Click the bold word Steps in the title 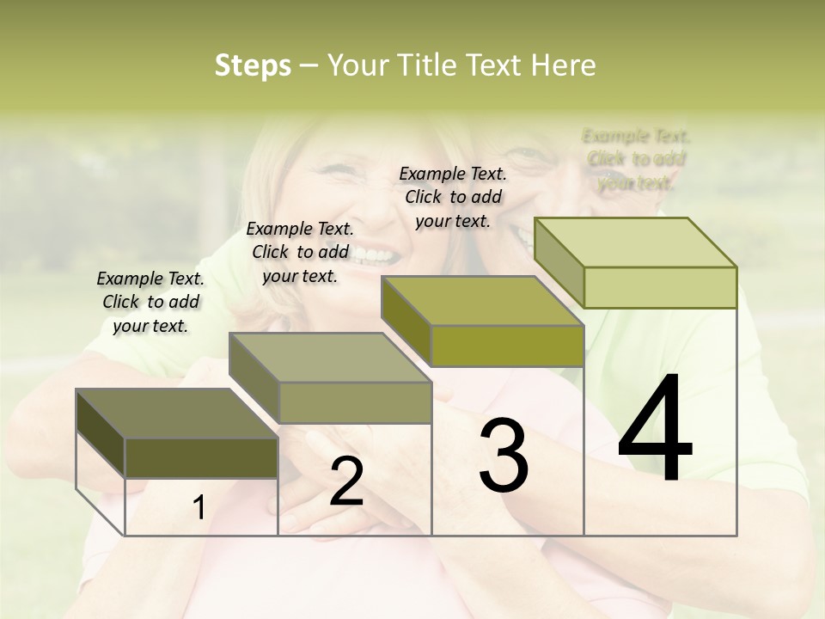pyautogui.click(x=253, y=65)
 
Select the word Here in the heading pyautogui.click(x=563, y=65)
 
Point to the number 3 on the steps pyautogui.click(x=504, y=456)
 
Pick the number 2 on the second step pyautogui.click(x=346, y=481)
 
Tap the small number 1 pyautogui.click(x=199, y=508)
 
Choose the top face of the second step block pyautogui.click(x=330, y=358)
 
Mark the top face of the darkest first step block pyautogui.click(x=177, y=414)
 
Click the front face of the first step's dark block pyautogui.click(x=201, y=457)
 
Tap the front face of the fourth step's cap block pyautogui.click(x=660, y=287)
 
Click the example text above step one pyautogui.click(x=150, y=302)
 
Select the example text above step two pyautogui.click(x=300, y=252)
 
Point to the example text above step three pyautogui.click(x=453, y=197)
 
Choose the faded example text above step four pyautogui.click(x=636, y=159)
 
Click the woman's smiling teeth pyautogui.click(x=370, y=254)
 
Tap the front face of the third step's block pyautogui.click(x=507, y=346)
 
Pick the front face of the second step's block pyautogui.click(x=354, y=402)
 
